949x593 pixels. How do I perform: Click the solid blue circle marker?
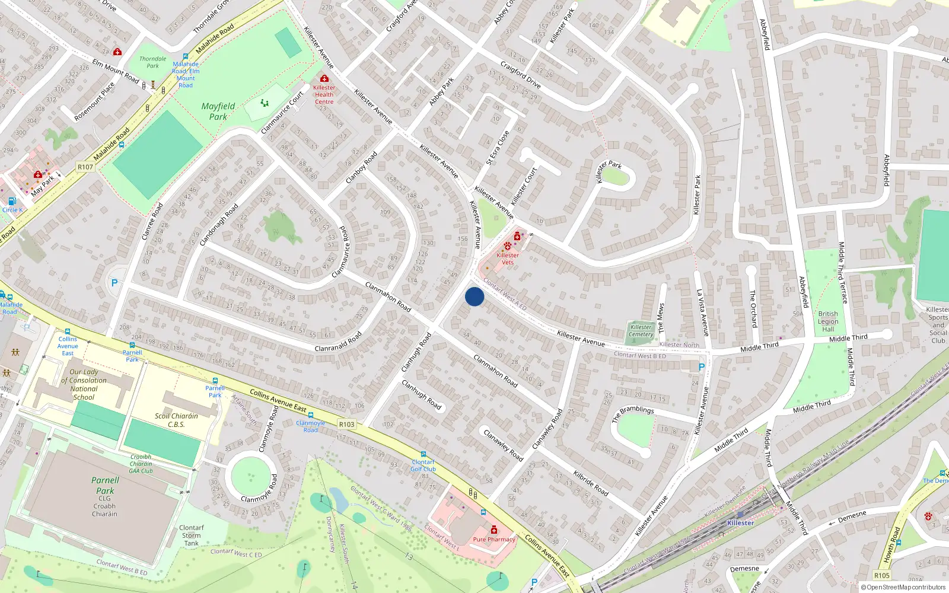[474, 296]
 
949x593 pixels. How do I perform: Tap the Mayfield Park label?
[218, 111]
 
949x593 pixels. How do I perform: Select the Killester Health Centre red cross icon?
[324, 78]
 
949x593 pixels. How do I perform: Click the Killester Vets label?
[508, 259]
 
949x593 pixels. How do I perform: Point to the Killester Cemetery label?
[641, 331]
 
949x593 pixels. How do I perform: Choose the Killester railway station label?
[740, 523]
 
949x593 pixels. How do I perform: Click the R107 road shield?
[85, 167]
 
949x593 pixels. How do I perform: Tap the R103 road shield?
[347, 425]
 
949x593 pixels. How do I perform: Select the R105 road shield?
[881, 575]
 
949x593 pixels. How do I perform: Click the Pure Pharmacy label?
[494, 540]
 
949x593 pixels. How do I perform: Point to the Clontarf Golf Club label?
[423, 466]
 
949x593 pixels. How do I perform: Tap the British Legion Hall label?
[828, 321]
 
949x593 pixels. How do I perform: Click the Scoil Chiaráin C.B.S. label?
[176, 420]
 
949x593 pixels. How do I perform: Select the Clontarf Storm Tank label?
[191, 535]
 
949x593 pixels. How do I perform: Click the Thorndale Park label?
[152, 62]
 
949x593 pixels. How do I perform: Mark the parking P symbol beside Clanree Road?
[114, 283]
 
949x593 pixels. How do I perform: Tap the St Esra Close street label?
[498, 148]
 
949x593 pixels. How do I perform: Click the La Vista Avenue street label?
[703, 313]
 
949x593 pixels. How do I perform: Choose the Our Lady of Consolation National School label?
[84, 385]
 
